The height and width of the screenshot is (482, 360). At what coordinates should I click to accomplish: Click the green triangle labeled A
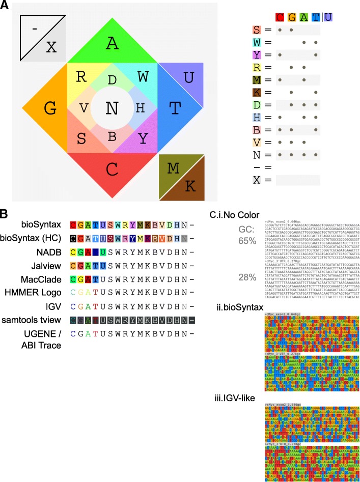[x=112, y=45]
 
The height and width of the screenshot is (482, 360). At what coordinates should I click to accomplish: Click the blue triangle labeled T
[x=175, y=108]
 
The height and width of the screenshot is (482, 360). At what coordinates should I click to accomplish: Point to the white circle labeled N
[x=112, y=108]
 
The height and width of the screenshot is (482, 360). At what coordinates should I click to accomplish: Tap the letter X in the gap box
[x=51, y=47]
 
